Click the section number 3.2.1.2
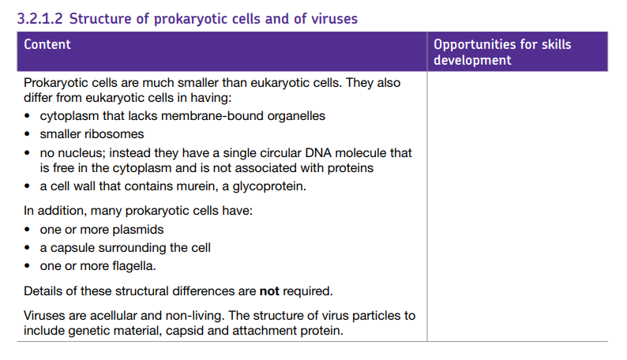[40, 19]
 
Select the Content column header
[47, 44]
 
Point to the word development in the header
[472, 60]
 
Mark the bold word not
[269, 291]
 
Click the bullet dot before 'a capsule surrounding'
[27, 248]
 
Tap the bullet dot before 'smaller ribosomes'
[27, 134]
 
